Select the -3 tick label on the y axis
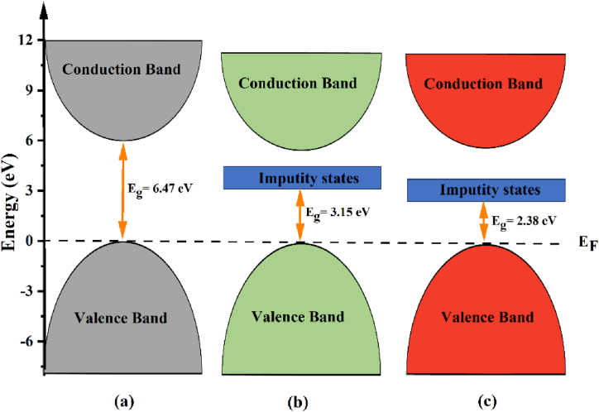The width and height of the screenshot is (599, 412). pos(27,291)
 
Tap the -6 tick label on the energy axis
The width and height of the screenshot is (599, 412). pos(27,342)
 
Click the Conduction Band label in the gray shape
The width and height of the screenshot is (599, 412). pos(123,69)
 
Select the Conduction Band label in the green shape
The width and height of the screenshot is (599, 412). pos(299,83)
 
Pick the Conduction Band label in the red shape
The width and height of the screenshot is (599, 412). pos(484,84)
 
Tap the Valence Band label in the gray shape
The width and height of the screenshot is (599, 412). pos(123,318)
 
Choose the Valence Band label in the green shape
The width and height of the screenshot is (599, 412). pos(299,317)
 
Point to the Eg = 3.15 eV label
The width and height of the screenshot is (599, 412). pos(338,212)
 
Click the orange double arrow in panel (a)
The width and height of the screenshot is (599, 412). pos(123,190)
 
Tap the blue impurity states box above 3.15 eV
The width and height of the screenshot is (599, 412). pos(302,177)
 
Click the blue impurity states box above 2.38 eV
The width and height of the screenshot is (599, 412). pos(486,190)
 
